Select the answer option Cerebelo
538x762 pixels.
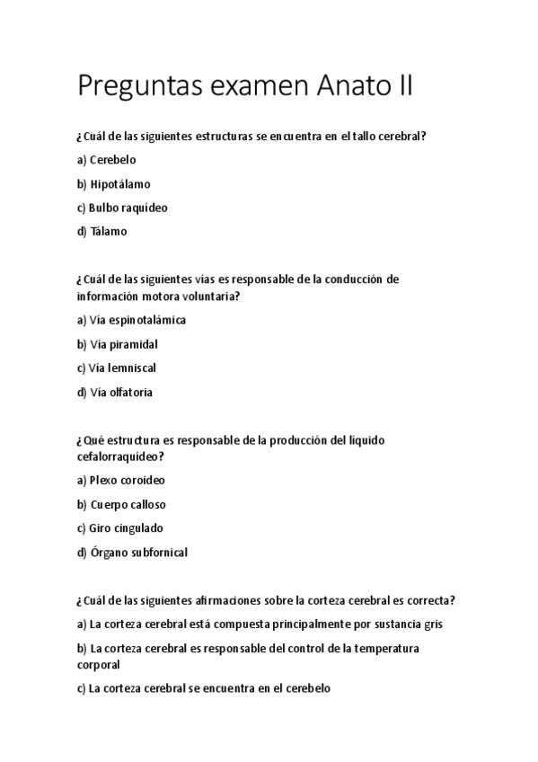point(113,160)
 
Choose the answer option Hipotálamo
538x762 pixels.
point(120,184)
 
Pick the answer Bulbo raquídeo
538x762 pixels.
point(128,208)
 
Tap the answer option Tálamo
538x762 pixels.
point(109,231)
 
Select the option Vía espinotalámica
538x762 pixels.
point(137,320)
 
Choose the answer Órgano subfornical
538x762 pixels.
point(139,553)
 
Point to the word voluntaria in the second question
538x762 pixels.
point(213,296)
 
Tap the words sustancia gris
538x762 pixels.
point(409,624)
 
